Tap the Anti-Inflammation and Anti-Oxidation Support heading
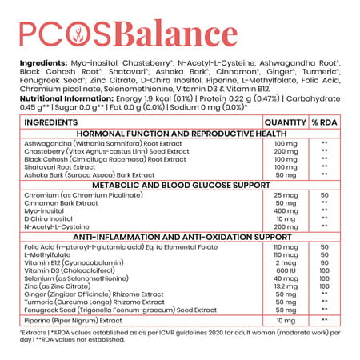[x=180, y=238]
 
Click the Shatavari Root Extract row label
[x=65, y=167]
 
